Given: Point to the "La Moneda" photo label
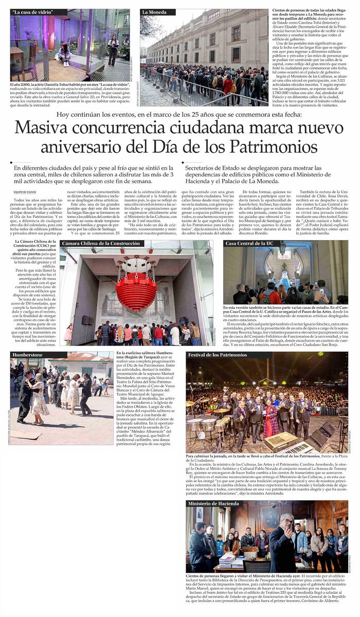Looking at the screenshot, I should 154,12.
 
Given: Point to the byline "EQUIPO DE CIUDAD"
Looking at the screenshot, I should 25,192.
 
